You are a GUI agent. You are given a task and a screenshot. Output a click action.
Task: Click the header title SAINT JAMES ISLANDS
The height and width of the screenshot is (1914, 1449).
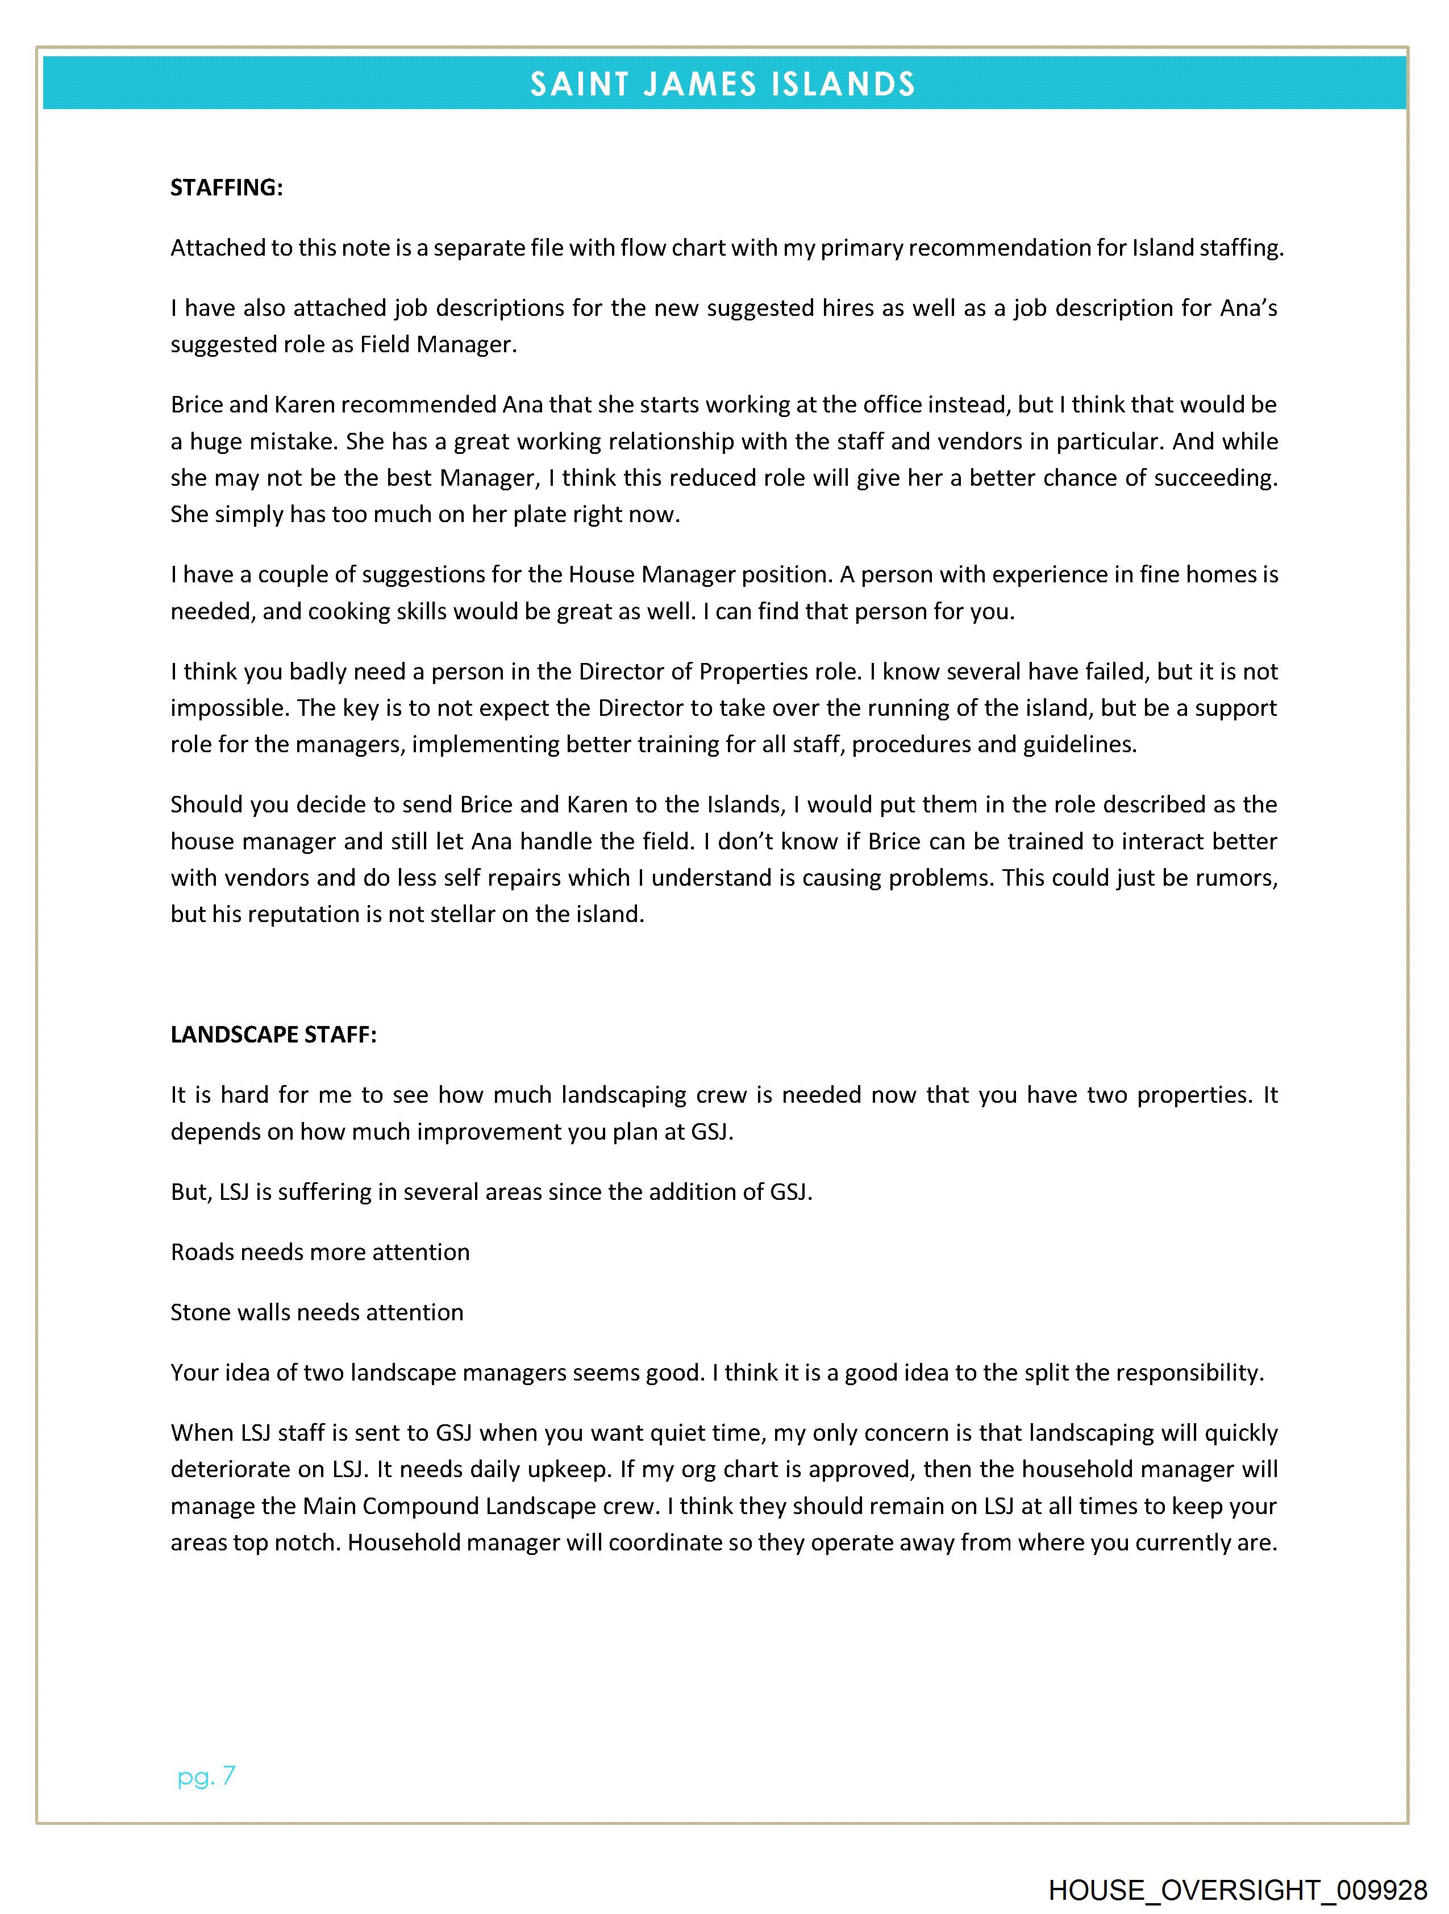723,84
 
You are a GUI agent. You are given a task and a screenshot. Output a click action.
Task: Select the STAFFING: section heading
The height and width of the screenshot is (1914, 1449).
227,188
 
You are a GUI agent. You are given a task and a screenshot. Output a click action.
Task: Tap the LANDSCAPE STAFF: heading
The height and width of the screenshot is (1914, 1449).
273,1035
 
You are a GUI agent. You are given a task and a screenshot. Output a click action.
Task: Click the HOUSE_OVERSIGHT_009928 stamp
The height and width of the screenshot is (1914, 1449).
1238,1890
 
